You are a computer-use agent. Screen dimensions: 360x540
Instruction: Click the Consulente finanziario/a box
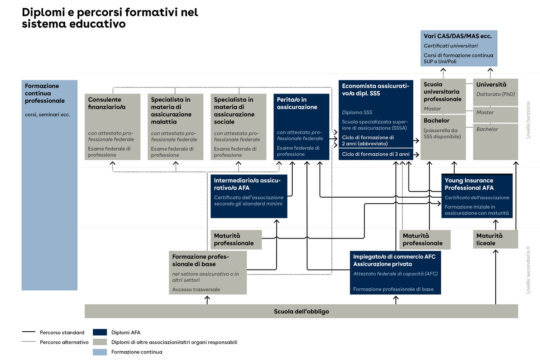click(x=112, y=126)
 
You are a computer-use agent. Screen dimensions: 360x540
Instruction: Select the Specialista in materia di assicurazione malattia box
click(x=175, y=126)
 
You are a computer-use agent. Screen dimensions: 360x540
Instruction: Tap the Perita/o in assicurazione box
click(x=302, y=126)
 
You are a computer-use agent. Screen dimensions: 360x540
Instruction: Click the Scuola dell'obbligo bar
click(x=301, y=311)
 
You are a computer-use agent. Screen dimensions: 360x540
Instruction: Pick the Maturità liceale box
click(x=495, y=239)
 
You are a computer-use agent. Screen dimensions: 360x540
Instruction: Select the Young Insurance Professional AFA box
click(x=477, y=196)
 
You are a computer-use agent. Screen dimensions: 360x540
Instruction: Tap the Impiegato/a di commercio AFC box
click(x=395, y=273)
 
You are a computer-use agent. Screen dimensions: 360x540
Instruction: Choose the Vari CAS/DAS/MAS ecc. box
click(x=459, y=48)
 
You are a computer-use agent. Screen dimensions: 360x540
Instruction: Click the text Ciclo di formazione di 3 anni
click(x=375, y=154)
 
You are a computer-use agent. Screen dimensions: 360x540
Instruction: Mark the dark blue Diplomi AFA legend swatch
click(x=100, y=332)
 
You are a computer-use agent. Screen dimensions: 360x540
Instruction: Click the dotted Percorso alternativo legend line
click(x=28, y=342)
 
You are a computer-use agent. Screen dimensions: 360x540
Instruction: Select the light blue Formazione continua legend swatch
click(x=100, y=352)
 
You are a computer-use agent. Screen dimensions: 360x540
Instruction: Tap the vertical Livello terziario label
click(x=528, y=120)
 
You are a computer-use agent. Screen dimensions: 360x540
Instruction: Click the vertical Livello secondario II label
click(x=528, y=270)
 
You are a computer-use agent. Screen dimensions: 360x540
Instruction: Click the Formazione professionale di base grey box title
click(x=200, y=260)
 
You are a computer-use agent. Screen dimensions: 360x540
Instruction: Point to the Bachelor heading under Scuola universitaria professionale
click(x=436, y=121)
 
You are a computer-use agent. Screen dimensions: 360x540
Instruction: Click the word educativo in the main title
click(x=98, y=24)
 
